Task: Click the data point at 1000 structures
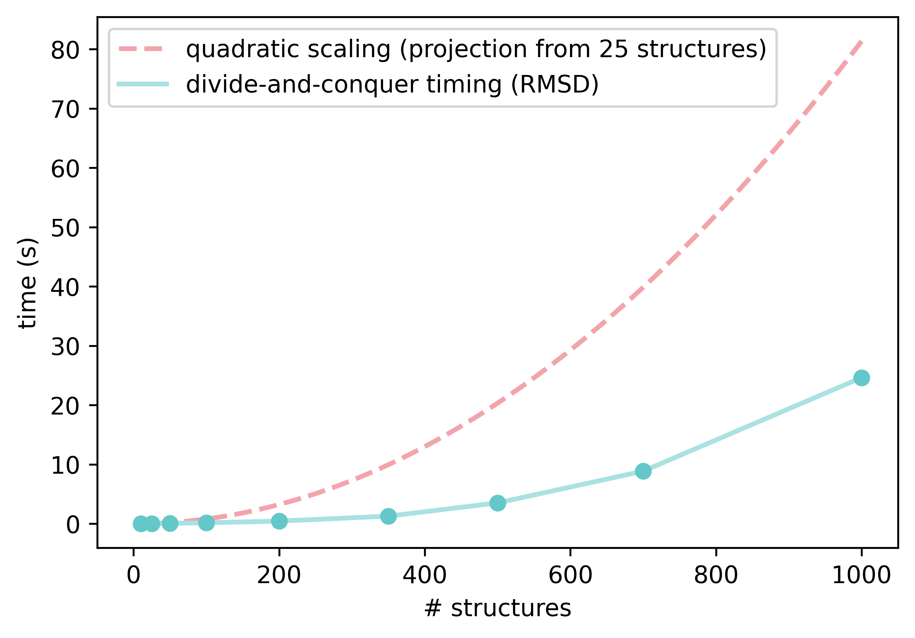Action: pyautogui.click(x=861, y=378)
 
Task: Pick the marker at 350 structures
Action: pyautogui.click(x=388, y=516)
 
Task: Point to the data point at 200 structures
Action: pyautogui.click(x=279, y=521)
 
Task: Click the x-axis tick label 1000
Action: pyautogui.click(x=861, y=575)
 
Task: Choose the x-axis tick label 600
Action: pyautogui.click(x=570, y=575)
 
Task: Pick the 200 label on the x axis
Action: pyautogui.click(x=279, y=575)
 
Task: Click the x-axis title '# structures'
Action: pyautogui.click(x=497, y=608)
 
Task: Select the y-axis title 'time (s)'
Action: pyautogui.click(x=28, y=283)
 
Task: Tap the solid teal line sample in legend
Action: pyautogui.click(x=142, y=84)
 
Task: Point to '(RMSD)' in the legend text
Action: pyautogui.click(x=555, y=84)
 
